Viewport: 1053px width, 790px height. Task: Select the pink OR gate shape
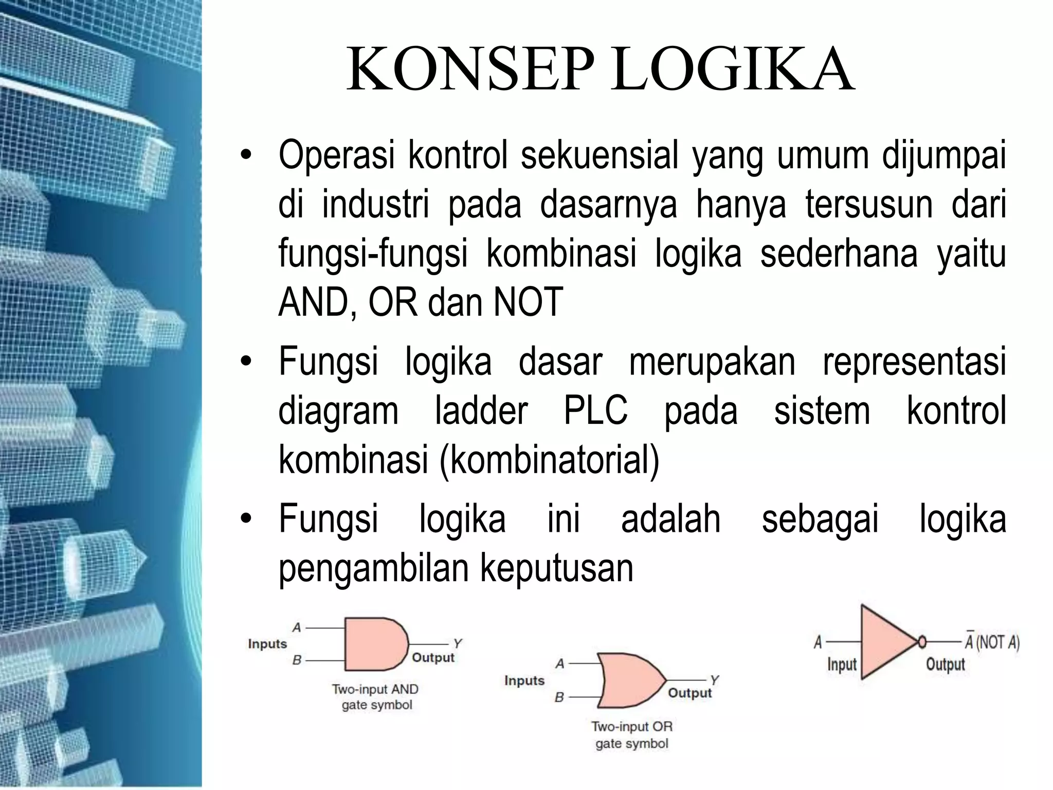(x=629, y=680)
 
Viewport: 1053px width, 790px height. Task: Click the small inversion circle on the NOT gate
(x=922, y=641)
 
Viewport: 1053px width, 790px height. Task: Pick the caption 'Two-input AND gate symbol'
(x=376, y=697)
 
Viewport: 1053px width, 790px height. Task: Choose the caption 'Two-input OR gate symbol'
(x=632, y=734)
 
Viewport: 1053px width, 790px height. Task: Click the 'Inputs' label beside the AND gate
(x=267, y=644)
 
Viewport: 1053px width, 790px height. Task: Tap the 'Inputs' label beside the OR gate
(x=524, y=680)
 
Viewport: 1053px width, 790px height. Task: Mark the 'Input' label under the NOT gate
(x=842, y=665)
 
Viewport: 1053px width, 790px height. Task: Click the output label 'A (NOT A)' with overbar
(x=991, y=642)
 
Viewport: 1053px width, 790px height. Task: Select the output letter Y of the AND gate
(x=458, y=643)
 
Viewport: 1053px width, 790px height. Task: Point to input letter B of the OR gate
(x=559, y=697)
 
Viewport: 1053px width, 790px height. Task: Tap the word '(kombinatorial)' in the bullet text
(x=549, y=459)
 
